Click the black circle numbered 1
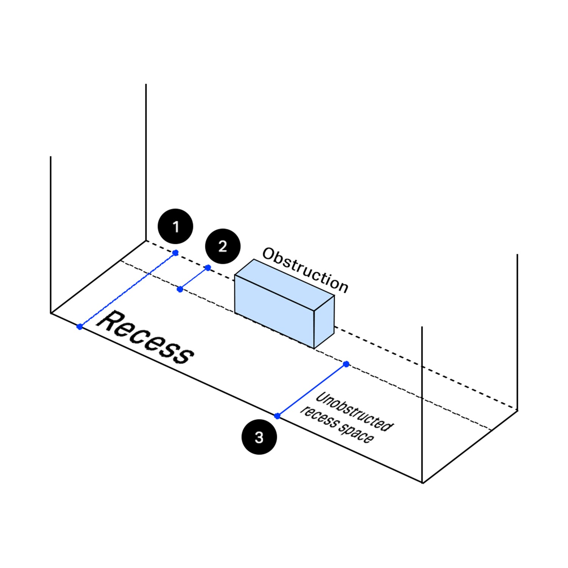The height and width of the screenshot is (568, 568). coord(175,226)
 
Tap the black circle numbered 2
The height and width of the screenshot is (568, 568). coord(223,247)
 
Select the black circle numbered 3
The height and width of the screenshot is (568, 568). coord(259,437)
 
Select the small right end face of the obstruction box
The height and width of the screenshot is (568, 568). coord(324,322)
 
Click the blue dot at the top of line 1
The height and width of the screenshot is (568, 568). coord(175,253)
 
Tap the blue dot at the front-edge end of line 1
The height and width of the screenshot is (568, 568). coord(80,326)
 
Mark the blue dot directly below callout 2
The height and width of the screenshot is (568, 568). coord(208,268)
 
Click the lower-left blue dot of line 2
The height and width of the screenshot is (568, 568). coord(180,289)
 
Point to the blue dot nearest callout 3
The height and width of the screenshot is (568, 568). coord(278,416)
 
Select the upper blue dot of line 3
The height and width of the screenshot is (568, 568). coord(346,364)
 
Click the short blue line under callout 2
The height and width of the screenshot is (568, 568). coord(194,279)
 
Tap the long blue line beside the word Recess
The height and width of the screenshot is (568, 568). coord(127,290)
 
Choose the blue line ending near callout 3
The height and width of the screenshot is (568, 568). coord(312,390)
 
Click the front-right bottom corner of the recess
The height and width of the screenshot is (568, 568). coord(422,483)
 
